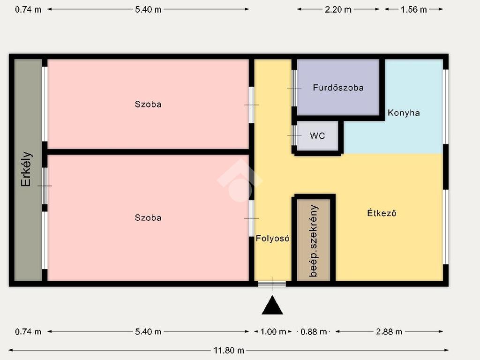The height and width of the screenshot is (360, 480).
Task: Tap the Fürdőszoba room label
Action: [x=338, y=88]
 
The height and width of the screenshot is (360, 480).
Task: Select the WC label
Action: [x=317, y=135]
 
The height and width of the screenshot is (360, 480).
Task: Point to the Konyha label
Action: [x=404, y=113]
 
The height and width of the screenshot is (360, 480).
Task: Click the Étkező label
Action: [x=382, y=213]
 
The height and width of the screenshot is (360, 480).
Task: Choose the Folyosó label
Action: [x=272, y=238]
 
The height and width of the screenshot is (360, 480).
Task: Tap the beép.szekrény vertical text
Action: [x=314, y=241]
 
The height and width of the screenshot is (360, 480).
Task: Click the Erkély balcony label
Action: [x=26, y=169]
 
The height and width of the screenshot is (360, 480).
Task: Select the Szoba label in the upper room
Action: [x=148, y=105]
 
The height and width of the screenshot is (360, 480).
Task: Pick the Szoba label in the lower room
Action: [x=148, y=217]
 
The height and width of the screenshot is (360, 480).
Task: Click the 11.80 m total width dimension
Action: [x=229, y=350]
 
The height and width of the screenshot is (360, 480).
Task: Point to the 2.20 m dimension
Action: [x=338, y=9]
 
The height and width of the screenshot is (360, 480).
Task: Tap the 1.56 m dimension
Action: [x=413, y=9]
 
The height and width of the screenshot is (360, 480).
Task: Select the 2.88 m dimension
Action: [x=389, y=331]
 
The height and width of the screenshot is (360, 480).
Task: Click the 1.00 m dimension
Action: [x=273, y=331]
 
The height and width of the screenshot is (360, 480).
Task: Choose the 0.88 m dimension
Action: [x=314, y=331]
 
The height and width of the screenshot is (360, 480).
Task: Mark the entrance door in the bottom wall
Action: [x=272, y=284]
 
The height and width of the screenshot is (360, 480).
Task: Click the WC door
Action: [x=294, y=135]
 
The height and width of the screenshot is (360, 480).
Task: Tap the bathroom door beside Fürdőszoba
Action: [x=294, y=88]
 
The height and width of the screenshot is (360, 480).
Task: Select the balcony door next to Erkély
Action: [x=45, y=186]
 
